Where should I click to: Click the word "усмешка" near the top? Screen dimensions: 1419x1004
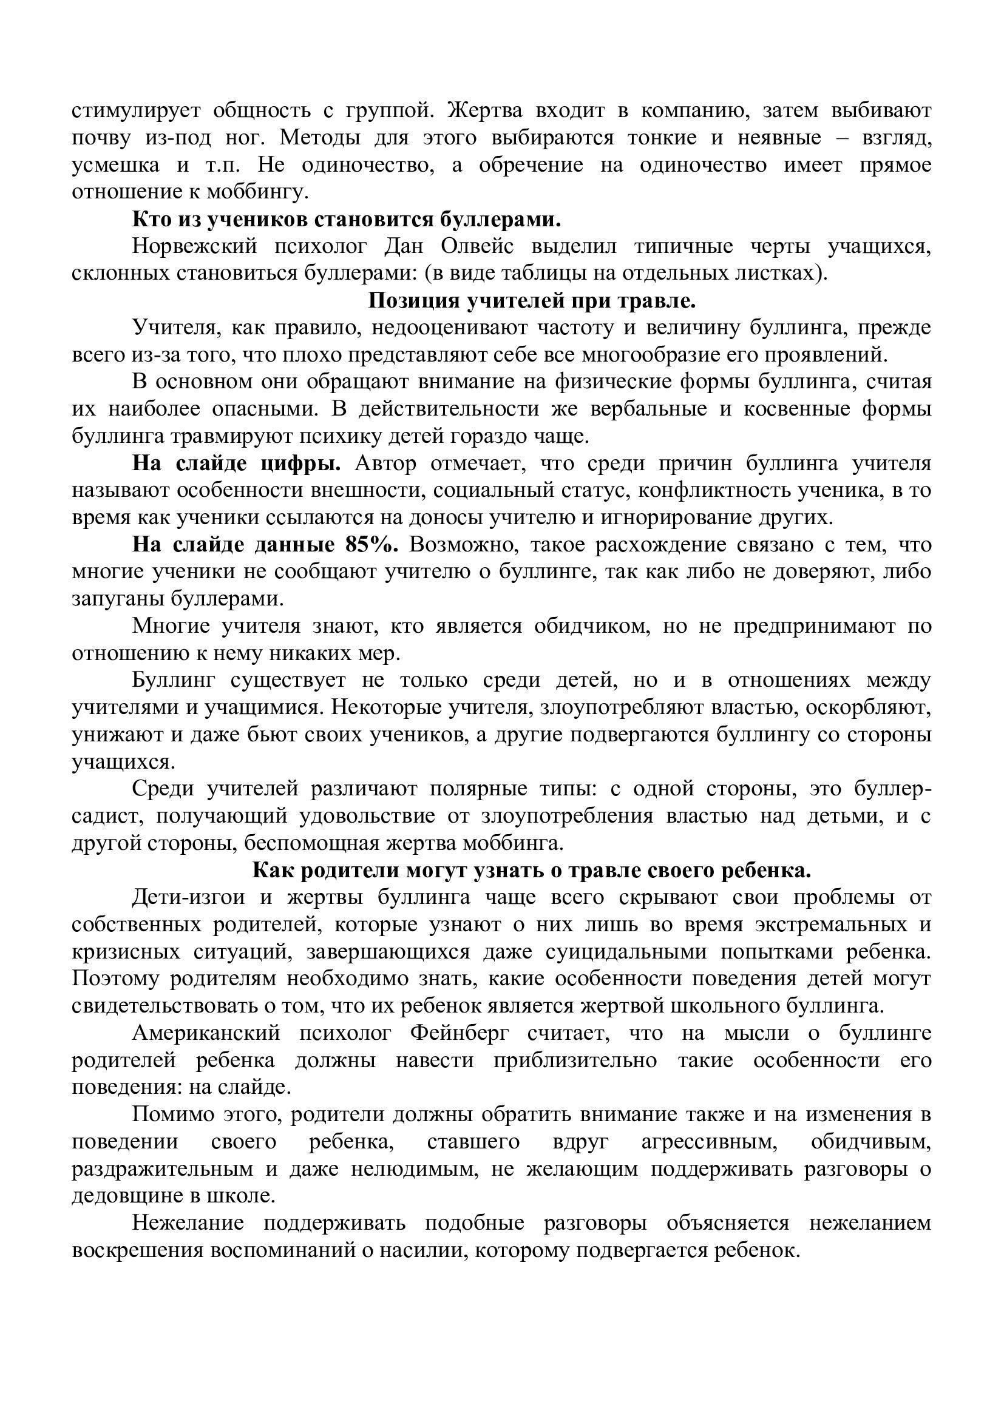pyautogui.click(x=115, y=166)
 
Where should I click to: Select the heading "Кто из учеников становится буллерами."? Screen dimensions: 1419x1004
pyautogui.click(x=347, y=220)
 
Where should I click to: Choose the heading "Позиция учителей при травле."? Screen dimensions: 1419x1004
pyautogui.click(x=532, y=301)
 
